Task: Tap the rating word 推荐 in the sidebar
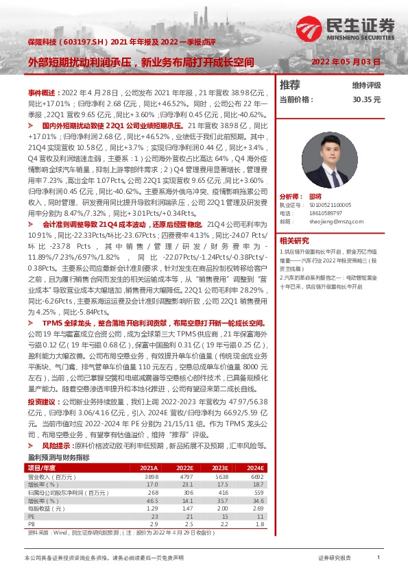(x=290, y=85)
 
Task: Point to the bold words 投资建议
(x=43, y=402)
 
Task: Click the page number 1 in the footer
(x=379, y=558)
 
